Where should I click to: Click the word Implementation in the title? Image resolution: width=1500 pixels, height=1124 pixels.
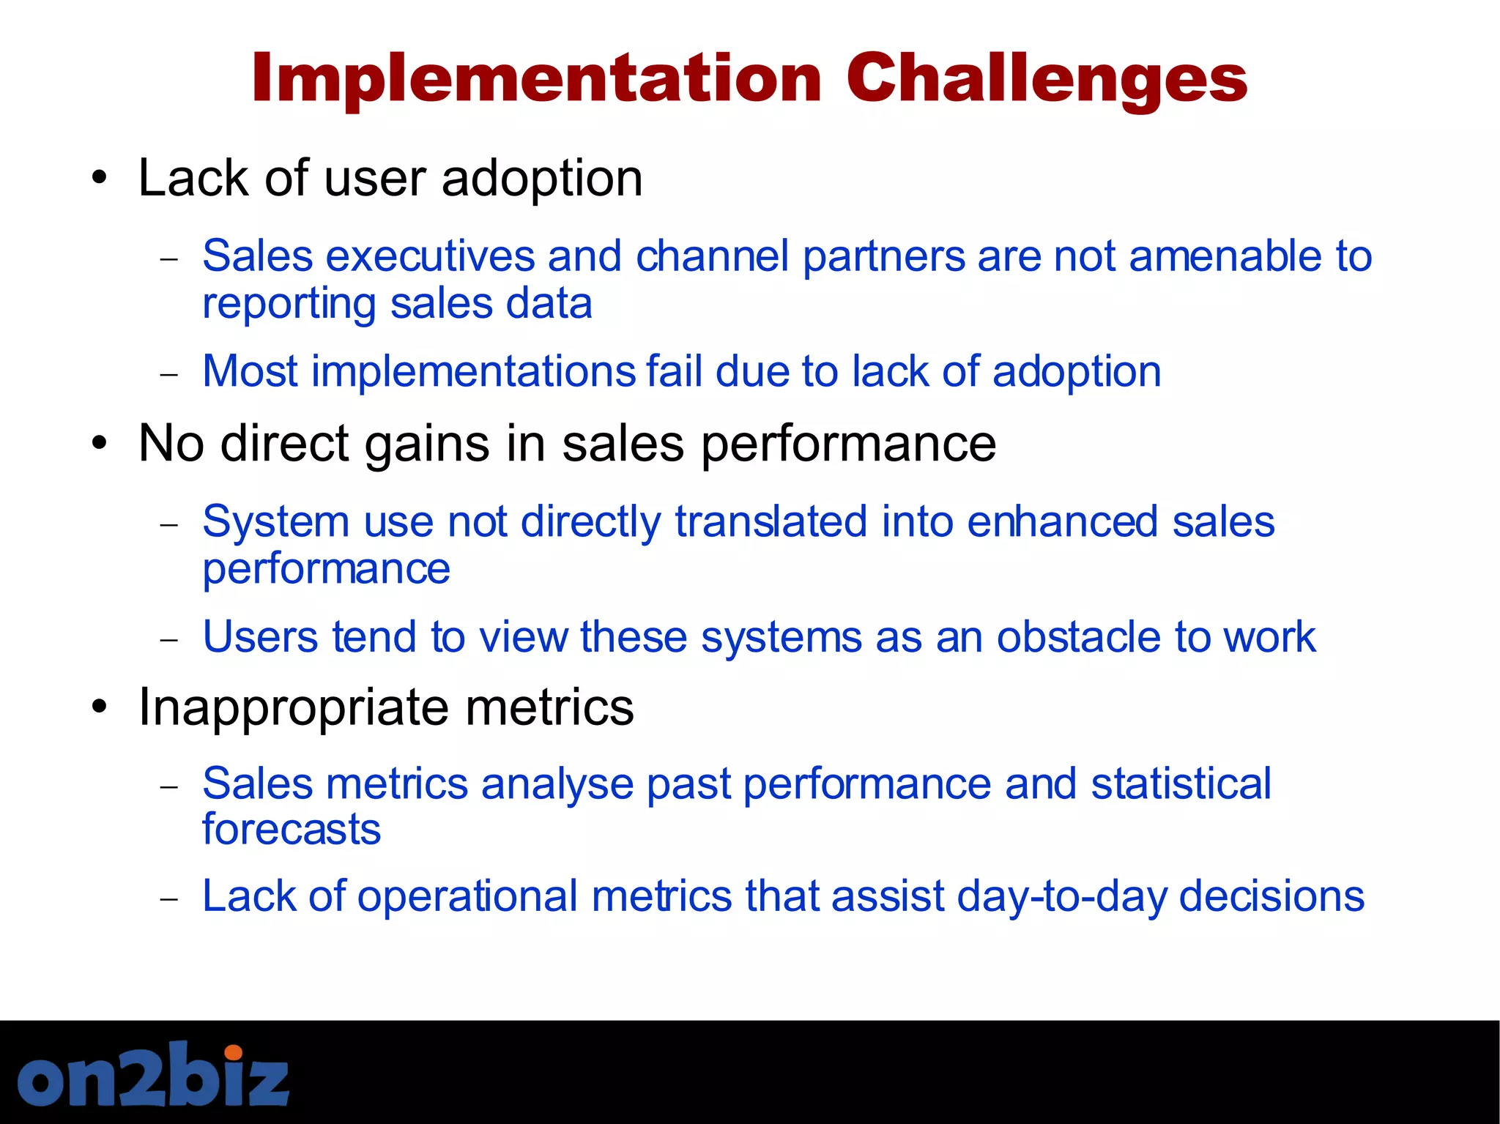[x=537, y=79]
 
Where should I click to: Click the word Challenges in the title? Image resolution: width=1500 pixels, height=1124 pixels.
[x=1046, y=79]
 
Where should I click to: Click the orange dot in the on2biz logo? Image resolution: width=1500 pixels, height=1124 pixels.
[x=233, y=1053]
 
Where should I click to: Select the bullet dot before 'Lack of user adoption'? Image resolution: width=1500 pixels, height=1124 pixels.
[x=100, y=178]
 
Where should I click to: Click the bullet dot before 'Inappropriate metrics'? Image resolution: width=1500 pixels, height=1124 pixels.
[x=100, y=707]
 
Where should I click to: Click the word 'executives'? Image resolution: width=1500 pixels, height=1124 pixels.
[x=430, y=256]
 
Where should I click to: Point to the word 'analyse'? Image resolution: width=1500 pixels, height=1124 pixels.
[x=557, y=784]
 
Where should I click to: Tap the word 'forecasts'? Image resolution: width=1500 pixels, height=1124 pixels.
[x=292, y=829]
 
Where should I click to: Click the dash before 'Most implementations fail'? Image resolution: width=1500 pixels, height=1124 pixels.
[x=169, y=374]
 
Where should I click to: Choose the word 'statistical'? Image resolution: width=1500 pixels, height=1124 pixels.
[x=1181, y=784]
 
